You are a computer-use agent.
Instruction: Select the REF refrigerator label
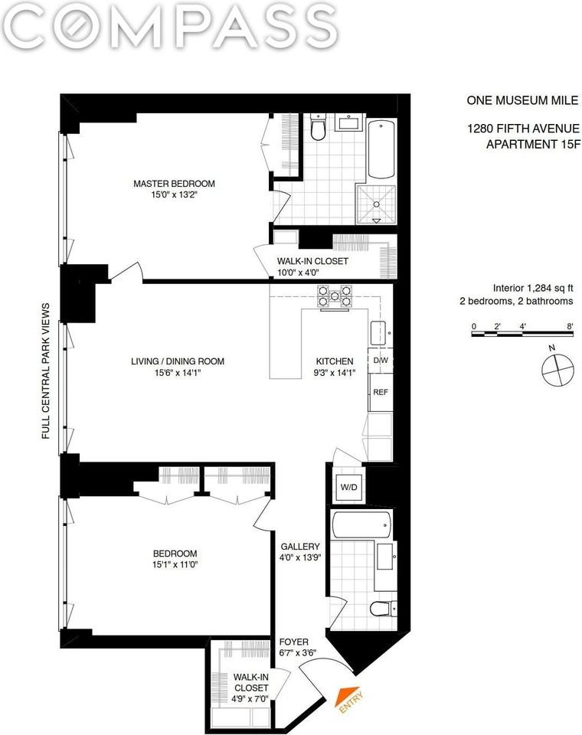(380, 392)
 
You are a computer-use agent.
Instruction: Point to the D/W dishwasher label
(380, 361)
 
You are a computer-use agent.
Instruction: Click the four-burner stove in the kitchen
(335, 296)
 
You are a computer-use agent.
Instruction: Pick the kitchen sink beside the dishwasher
(378, 332)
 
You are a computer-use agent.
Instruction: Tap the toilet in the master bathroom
(319, 129)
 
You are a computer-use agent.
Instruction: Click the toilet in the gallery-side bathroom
(381, 609)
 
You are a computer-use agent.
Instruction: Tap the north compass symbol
(557, 370)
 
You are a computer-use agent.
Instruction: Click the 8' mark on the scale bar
(570, 326)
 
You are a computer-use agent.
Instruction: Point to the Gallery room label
(299, 546)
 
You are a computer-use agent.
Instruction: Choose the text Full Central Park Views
(46, 371)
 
